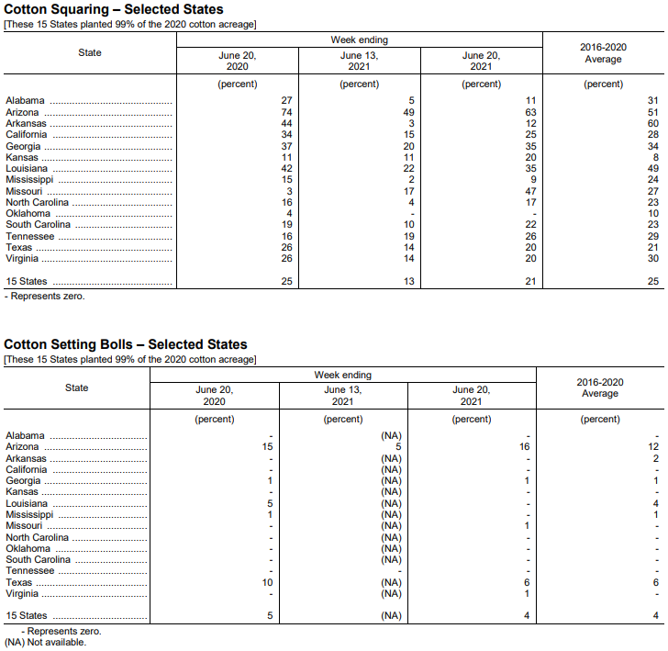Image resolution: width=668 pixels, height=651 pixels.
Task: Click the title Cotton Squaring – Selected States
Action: click(114, 9)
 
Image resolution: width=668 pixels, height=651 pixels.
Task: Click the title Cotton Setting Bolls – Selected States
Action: click(126, 344)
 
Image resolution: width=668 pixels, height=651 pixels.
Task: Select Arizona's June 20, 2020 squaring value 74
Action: click(286, 112)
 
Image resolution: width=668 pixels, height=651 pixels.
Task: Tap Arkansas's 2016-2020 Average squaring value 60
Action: click(652, 123)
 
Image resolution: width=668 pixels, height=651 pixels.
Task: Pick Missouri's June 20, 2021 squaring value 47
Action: click(529, 191)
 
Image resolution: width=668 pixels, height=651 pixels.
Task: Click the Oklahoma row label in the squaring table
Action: click(28, 214)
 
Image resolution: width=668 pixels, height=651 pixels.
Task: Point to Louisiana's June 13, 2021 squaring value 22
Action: click(408, 169)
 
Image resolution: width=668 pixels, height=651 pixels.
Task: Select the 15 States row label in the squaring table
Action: click(27, 281)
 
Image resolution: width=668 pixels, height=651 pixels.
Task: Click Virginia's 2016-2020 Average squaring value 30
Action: click(652, 259)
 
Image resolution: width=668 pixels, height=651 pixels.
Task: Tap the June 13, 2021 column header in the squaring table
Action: click(359, 61)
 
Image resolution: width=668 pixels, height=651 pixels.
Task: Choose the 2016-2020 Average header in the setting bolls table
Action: click(600, 387)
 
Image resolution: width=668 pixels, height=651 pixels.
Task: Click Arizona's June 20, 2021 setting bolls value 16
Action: click(526, 447)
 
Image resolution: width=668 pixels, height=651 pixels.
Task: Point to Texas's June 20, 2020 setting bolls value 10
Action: click(268, 583)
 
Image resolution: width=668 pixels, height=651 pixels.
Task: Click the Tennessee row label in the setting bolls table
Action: click(31, 571)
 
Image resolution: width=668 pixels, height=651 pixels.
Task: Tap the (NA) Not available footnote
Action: click(45, 642)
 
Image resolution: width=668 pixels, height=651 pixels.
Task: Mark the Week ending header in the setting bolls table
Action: click(343, 376)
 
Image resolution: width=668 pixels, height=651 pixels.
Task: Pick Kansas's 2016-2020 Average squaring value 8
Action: click(655, 157)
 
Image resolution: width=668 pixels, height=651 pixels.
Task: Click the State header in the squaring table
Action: click(90, 53)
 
